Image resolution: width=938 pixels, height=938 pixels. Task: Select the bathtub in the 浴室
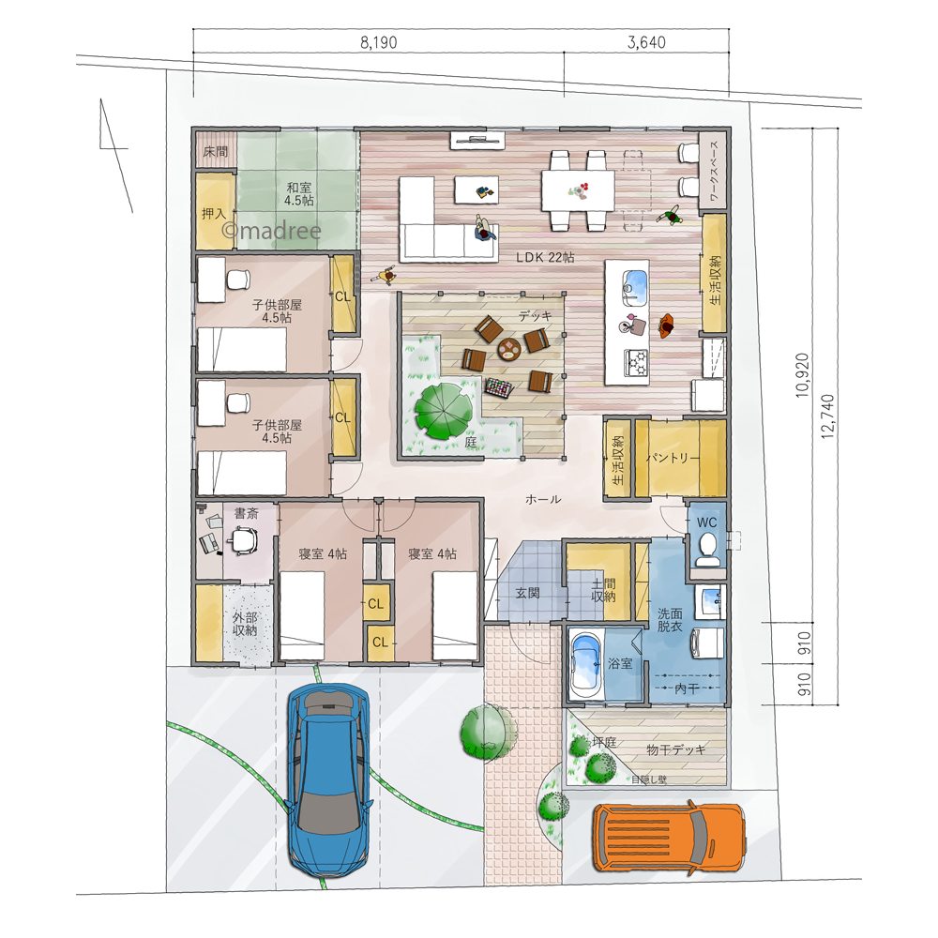[x=585, y=664]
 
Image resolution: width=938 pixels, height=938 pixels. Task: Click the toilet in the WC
[x=707, y=548]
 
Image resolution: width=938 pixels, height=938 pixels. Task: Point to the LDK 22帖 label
[x=545, y=257]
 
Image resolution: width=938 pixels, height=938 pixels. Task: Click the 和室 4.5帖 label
[x=299, y=194]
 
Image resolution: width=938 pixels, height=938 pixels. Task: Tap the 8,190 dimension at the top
[x=379, y=42]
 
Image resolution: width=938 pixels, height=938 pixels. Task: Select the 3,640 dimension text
[x=646, y=42]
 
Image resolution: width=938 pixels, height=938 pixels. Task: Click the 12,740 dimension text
[x=828, y=417]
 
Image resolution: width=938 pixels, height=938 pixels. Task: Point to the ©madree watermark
[x=272, y=230]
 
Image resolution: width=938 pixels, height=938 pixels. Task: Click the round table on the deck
[x=509, y=349]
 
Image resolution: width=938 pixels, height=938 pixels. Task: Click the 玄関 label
[x=527, y=592]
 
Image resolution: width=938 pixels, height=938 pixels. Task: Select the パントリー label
[x=673, y=459]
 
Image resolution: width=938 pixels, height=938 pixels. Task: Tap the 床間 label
[x=216, y=151]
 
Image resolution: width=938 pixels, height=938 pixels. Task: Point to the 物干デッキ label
[x=676, y=749]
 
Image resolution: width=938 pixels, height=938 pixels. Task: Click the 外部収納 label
[x=245, y=624]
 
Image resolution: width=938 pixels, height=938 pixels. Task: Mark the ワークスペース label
[x=714, y=171]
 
